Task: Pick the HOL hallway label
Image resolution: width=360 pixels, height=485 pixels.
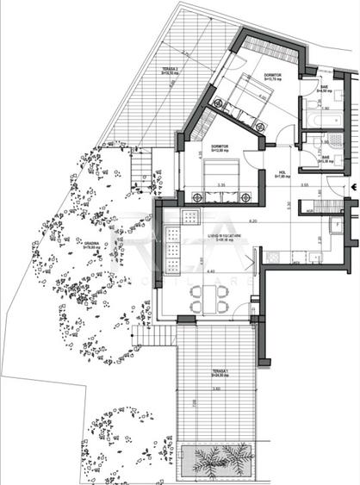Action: tap(280, 177)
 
